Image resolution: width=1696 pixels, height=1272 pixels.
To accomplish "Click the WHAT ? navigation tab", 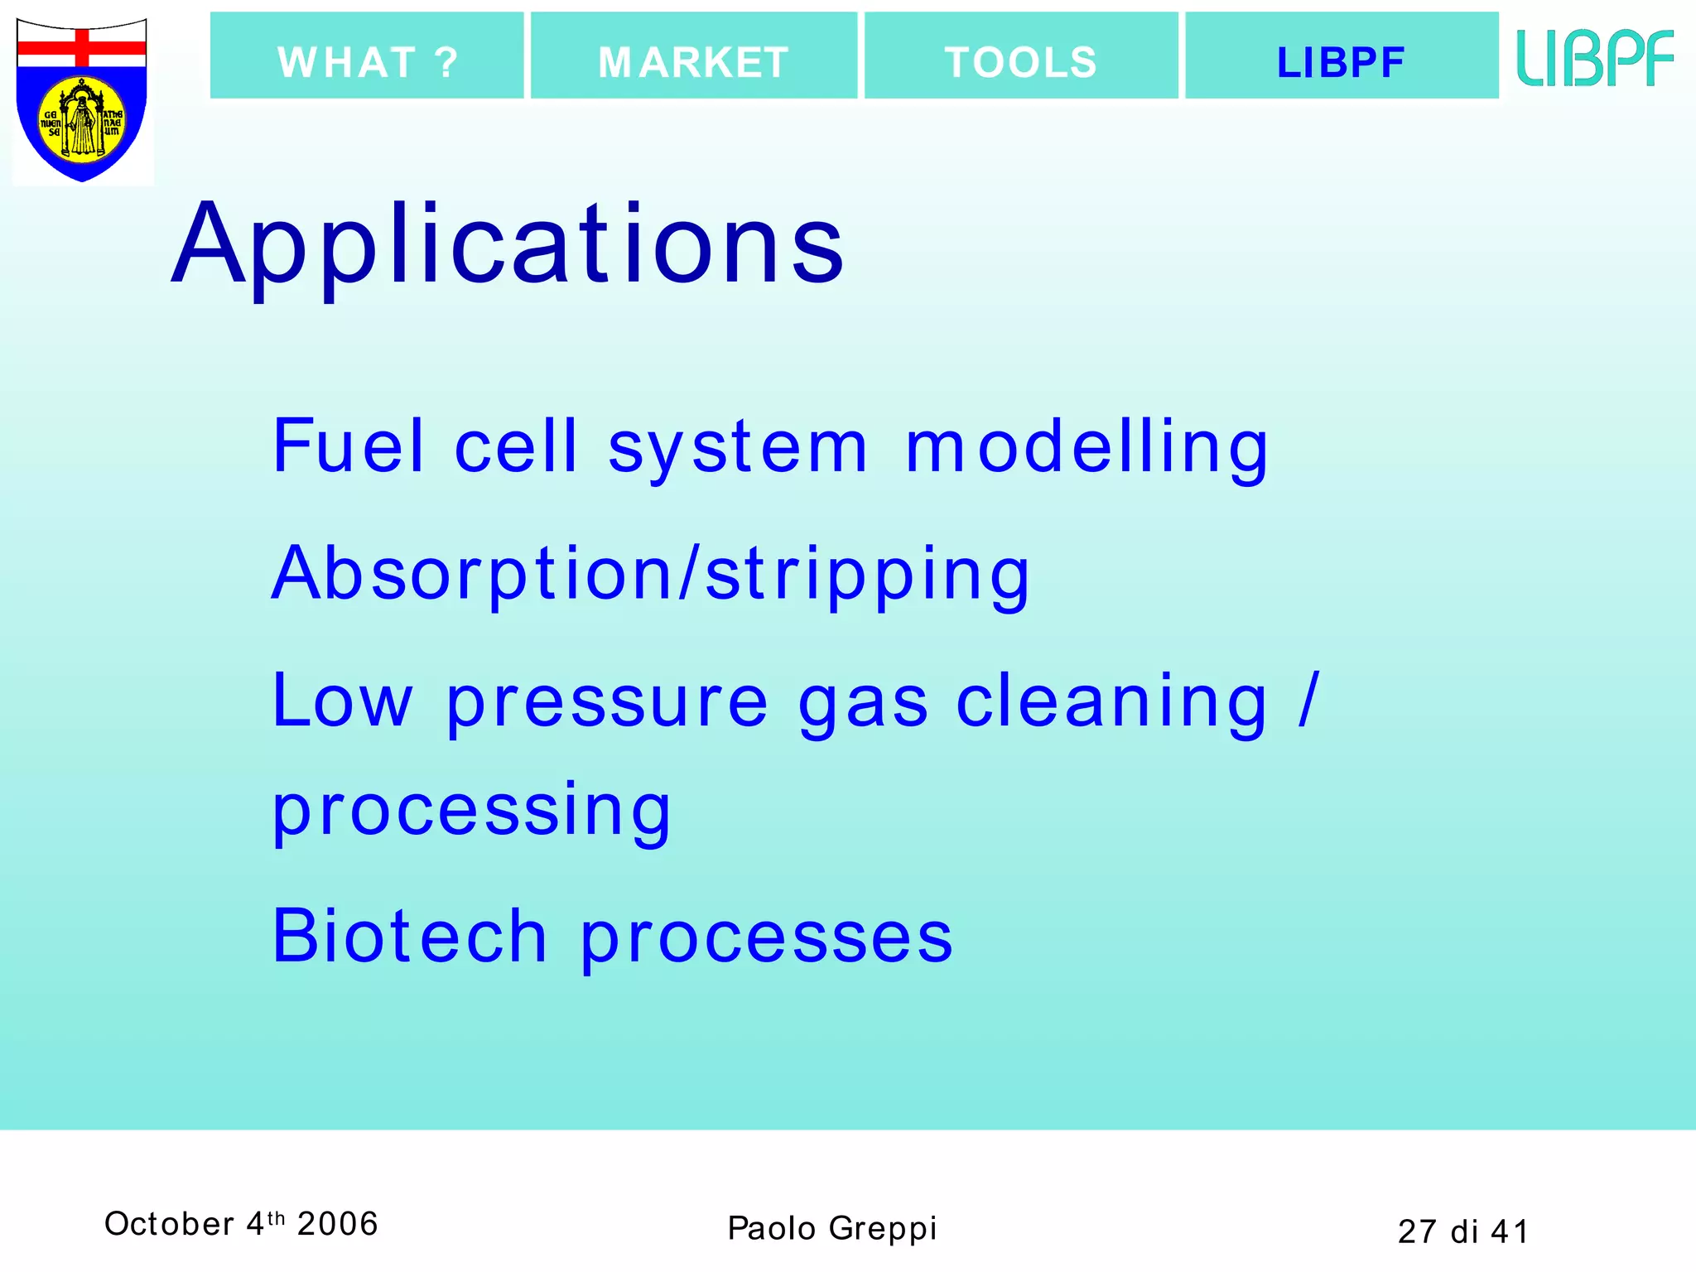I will point(367,56).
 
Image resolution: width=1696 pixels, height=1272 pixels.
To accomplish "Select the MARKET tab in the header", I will point(694,56).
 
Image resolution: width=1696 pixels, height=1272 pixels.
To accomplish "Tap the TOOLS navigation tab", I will point(1021,56).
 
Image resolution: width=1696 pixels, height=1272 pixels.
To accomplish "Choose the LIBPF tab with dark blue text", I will point(1342,56).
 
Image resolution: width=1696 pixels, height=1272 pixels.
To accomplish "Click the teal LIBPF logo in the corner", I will point(1595,58).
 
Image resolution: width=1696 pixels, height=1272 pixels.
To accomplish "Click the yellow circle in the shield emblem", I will point(82,121).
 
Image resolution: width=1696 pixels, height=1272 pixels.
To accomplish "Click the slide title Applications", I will point(507,245).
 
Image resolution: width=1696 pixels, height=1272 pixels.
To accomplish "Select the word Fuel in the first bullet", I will point(349,447).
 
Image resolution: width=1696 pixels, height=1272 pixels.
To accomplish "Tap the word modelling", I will point(1086,447).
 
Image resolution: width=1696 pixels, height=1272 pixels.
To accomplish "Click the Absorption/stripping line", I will point(651,575).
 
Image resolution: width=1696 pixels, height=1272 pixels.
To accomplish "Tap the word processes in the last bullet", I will point(766,940).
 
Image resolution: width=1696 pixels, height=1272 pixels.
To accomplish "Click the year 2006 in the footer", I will point(337,1224).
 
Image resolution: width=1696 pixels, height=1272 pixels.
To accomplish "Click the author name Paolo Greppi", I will point(831,1228).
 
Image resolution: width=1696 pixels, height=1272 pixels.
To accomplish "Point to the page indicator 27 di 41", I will point(1462,1231).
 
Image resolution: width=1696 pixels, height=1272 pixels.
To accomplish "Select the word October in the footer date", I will point(169,1224).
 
